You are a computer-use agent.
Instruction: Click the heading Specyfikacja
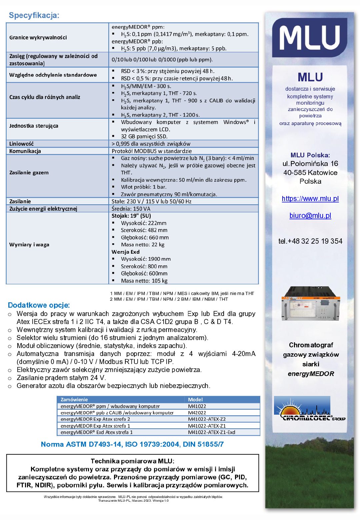tap(34, 15)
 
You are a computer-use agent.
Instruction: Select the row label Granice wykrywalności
tap(38, 37)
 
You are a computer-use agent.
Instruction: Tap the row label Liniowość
tap(22, 144)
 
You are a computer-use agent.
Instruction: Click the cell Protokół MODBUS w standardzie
tap(152, 151)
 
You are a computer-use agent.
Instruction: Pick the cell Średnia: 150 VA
tap(131, 209)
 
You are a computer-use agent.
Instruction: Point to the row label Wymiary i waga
tap(29, 244)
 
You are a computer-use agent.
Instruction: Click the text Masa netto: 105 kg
tap(144, 281)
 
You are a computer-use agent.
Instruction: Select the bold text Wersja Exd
tap(126, 252)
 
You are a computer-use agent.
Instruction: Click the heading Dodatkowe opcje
tap(39, 305)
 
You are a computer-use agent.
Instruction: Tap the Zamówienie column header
tap(74, 399)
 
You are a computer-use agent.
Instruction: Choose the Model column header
tap(195, 399)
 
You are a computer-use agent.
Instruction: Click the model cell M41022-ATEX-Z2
tap(207, 419)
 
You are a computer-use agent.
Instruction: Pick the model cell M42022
tap(197, 413)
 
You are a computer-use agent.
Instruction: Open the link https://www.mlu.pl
tap(310, 199)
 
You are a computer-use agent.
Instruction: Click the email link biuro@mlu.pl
tap(310, 216)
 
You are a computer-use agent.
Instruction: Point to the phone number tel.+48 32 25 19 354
tap(310, 241)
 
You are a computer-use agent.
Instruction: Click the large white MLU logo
tap(310, 38)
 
